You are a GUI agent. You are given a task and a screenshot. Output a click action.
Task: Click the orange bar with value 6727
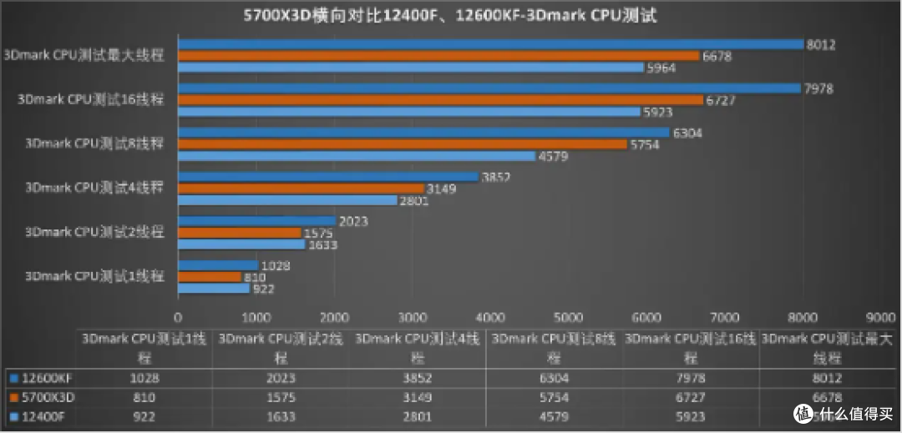coord(440,100)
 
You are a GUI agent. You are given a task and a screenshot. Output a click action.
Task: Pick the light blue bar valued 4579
coord(357,155)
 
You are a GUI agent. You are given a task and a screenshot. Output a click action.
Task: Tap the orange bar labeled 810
coord(210,277)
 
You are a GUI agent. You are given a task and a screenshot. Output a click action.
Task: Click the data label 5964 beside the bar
coord(662,68)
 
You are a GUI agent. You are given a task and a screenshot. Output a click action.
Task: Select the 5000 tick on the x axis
coord(568,317)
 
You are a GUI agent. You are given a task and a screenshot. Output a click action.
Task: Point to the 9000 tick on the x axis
coord(880,317)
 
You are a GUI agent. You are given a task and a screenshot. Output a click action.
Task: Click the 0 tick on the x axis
coord(177,317)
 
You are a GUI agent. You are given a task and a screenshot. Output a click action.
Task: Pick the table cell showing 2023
coord(281,377)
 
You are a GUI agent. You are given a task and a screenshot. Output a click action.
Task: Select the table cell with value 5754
coord(555,396)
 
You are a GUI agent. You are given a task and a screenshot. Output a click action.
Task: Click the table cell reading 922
coord(144,415)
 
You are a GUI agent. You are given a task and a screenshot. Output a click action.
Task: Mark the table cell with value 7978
coord(691,377)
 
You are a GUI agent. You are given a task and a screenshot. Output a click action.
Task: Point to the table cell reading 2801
coord(418,415)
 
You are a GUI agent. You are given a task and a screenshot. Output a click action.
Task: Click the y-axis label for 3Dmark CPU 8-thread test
coord(95,143)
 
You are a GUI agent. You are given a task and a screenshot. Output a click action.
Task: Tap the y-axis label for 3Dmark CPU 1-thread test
coord(95,275)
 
